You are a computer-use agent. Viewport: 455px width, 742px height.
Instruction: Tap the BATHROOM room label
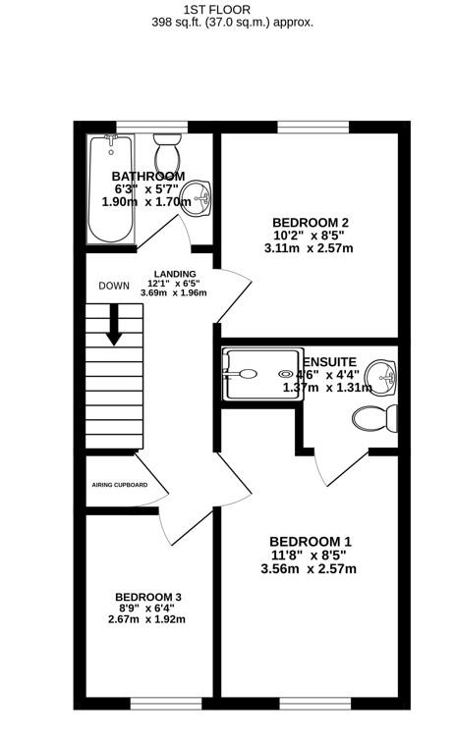(x=148, y=176)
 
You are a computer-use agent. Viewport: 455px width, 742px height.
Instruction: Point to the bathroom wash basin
(x=200, y=197)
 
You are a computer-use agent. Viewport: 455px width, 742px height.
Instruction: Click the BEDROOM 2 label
(x=311, y=223)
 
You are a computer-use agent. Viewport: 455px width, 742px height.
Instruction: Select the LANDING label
(x=175, y=274)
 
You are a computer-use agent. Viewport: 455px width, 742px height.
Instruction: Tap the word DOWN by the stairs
(x=114, y=287)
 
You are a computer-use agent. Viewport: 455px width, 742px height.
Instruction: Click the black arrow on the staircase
(x=114, y=325)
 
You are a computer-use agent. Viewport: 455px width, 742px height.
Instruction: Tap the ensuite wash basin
(x=380, y=374)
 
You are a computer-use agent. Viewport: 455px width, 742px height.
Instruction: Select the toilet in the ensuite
(x=374, y=419)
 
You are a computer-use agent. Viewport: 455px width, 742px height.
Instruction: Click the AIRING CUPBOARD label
(x=120, y=485)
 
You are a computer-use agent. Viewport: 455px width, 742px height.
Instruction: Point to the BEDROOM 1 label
(x=311, y=542)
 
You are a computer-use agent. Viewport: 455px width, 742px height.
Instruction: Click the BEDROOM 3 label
(x=148, y=597)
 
